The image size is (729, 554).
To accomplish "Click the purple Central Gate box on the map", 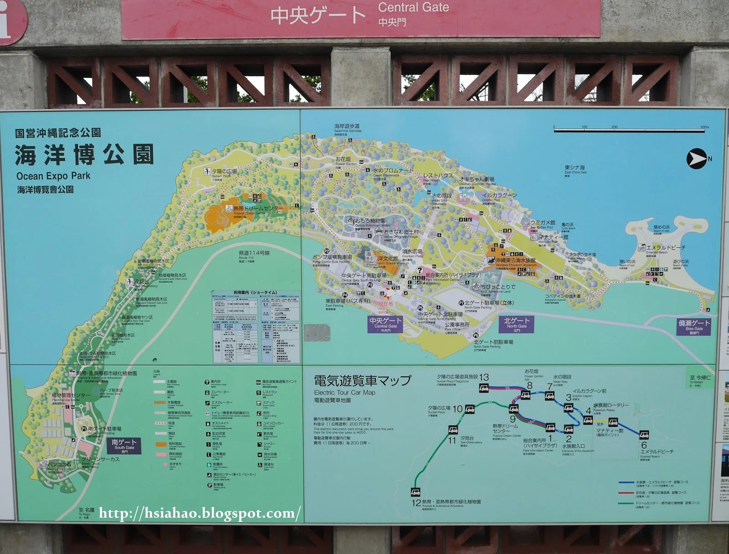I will coord(385,324).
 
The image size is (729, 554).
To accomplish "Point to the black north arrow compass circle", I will coord(696,159).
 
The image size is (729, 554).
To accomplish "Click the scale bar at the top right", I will coord(631,130).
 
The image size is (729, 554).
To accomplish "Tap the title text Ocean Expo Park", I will coord(53,176).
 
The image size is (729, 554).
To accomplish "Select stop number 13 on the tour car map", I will coord(484,388).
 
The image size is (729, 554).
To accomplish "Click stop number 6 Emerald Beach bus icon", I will coord(644,434).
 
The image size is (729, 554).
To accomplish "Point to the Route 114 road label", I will coord(254,253).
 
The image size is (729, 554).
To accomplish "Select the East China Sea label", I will coord(575,168).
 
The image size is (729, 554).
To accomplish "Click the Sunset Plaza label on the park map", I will coord(224,172).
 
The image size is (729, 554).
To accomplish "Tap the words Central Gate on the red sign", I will coord(413,8).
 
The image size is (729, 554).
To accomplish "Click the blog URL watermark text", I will coord(200,513).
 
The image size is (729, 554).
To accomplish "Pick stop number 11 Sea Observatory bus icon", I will coord(453,429).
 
